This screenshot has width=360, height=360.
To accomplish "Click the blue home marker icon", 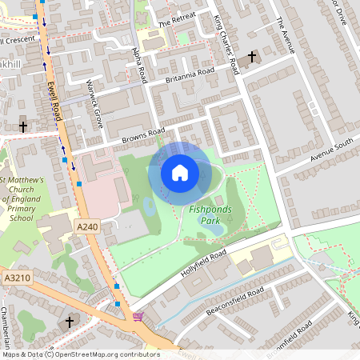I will [x=180, y=173].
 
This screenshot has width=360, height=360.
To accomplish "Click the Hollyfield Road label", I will [x=204, y=262].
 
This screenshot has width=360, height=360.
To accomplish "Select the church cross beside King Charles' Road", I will [x=253, y=57].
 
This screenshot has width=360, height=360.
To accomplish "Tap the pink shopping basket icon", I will [x=138, y=318].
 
